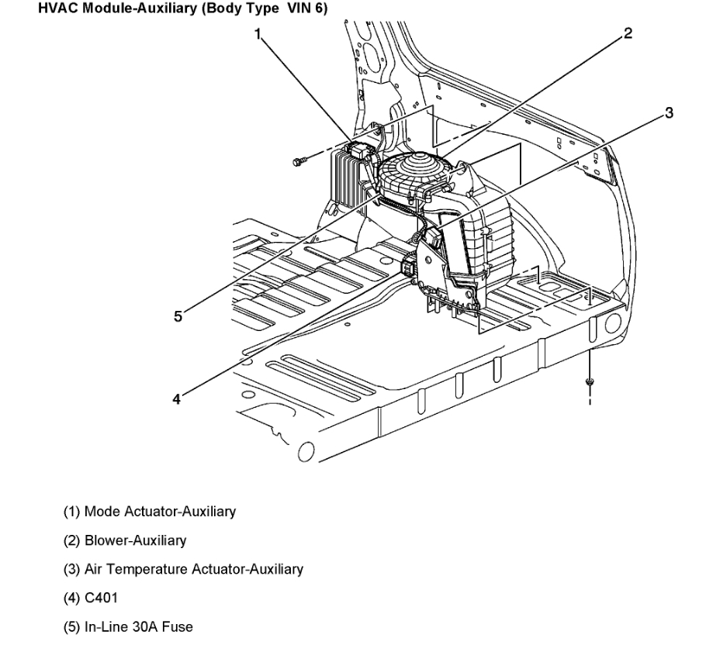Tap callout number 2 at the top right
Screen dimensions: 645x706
pyautogui.click(x=628, y=33)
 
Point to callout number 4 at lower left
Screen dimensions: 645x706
pyautogui.click(x=177, y=398)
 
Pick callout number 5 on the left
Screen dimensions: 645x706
pyautogui.click(x=178, y=316)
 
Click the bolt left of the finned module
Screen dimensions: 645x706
pyautogui.click(x=298, y=161)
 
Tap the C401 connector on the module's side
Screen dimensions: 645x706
pyautogui.click(x=409, y=268)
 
